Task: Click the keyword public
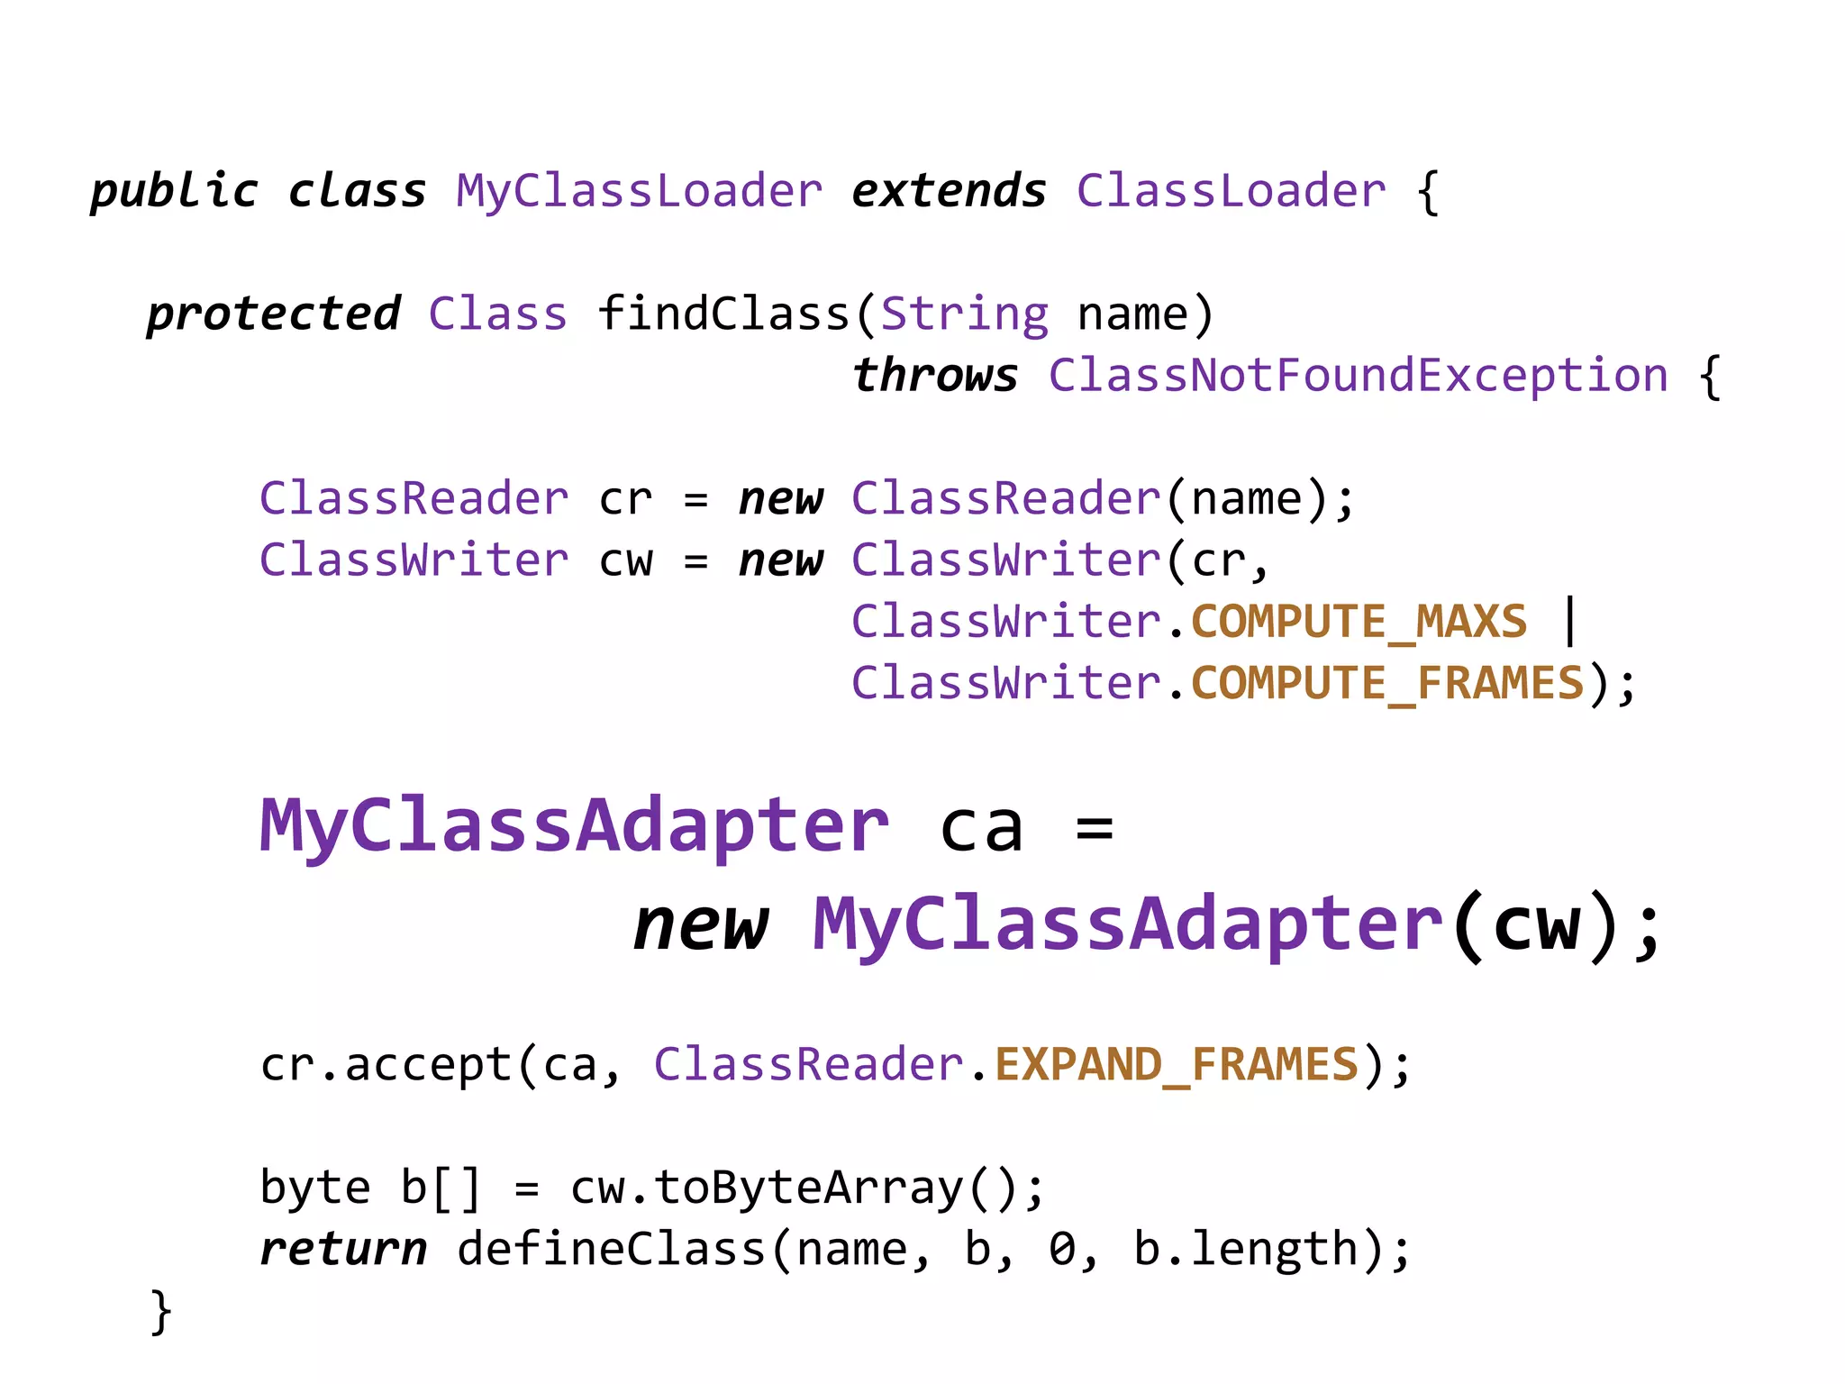pyautogui.click(x=174, y=192)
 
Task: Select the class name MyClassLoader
pyautogui.click(x=639, y=192)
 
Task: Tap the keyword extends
pyautogui.click(x=949, y=192)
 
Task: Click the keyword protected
pyautogui.click(x=273, y=314)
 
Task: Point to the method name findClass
pyautogui.click(x=723, y=314)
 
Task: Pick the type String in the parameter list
pyautogui.click(x=964, y=314)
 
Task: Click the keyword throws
pyautogui.click(x=935, y=376)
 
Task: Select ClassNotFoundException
pyautogui.click(x=1358, y=376)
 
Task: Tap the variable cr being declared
pyautogui.click(x=625, y=499)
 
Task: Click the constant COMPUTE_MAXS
pyautogui.click(x=1359, y=622)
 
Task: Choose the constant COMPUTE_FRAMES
pyautogui.click(x=1387, y=683)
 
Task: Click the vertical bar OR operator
pyautogui.click(x=1570, y=622)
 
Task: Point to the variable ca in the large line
pyautogui.click(x=981, y=827)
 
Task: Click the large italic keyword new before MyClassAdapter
pyautogui.click(x=700, y=926)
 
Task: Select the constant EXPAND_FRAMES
pyautogui.click(x=1176, y=1065)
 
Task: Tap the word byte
pyautogui.click(x=314, y=1188)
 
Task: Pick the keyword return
pyautogui.click(x=343, y=1250)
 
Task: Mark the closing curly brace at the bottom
pyautogui.click(x=160, y=1311)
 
